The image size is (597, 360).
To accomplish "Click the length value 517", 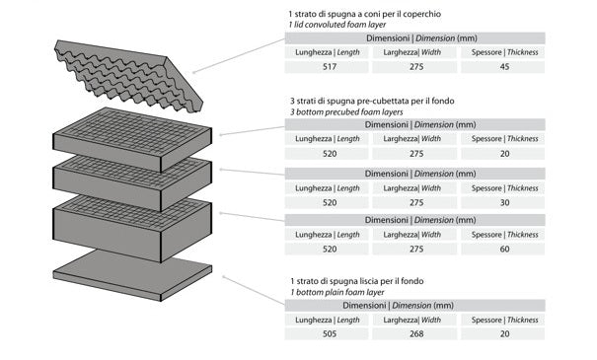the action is point(330,67).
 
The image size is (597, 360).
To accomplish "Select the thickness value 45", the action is point(504,67).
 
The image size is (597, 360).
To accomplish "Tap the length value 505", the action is point(330,334).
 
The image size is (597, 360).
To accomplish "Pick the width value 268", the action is point(416,334).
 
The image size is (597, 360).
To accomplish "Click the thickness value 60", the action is point(504,250).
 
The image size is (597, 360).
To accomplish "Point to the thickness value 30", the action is point(504,203).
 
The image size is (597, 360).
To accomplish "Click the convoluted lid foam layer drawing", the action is point(128,75).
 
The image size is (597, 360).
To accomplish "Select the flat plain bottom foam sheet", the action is point(132,275).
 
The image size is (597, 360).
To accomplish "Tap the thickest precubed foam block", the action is point(132,229).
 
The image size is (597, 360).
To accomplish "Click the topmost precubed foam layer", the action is point(132,140).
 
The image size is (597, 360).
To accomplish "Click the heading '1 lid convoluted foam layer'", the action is point(336,25).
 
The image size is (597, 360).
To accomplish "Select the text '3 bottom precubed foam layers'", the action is point(346,112).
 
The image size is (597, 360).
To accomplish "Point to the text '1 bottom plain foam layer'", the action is point(337,292).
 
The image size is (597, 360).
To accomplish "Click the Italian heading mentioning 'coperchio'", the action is point(365,14).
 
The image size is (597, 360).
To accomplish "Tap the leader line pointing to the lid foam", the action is point(239,55).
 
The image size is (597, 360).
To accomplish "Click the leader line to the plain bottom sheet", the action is point(254,291).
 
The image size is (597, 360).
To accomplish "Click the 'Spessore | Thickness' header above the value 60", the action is point(504,235).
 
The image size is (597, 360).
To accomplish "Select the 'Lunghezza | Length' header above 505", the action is point(328,320).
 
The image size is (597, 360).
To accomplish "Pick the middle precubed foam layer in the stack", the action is point(132,183).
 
